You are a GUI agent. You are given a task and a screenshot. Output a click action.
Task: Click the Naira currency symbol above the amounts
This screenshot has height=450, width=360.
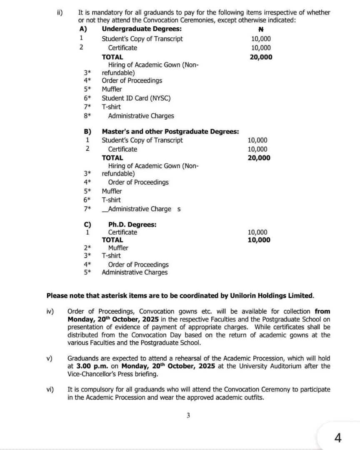(261, 30)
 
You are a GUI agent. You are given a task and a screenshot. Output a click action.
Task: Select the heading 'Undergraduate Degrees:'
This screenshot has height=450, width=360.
(142, 29)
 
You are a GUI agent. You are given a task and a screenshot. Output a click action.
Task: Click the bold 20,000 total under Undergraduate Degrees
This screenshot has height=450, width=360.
(261, 57)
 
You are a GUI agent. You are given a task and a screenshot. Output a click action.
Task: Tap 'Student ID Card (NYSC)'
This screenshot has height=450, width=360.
(136, 98)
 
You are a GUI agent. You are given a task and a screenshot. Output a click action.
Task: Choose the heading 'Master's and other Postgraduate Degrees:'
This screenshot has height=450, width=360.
(170, 131)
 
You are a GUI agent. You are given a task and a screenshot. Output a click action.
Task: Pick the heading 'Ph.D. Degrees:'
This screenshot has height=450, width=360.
(132, 224)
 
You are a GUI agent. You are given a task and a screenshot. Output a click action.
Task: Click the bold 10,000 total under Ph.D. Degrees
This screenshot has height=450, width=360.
(258, 240)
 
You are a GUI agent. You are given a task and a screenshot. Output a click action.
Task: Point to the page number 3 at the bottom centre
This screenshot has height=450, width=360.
(188, 415)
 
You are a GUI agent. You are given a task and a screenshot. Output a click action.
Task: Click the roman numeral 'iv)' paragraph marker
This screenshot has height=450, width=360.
(50, 311)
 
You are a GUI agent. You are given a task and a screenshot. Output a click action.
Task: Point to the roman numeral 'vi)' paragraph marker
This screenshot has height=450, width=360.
(50, 389)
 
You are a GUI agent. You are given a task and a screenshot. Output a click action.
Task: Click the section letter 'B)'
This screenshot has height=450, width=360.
(88, 131)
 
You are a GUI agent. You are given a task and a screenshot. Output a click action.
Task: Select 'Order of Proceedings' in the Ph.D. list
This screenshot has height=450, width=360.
(138, 264)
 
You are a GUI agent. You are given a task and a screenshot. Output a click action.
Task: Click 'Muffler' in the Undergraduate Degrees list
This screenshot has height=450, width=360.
(112, 89)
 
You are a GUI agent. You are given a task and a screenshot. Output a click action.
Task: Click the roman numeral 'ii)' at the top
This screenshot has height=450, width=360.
(60, 12)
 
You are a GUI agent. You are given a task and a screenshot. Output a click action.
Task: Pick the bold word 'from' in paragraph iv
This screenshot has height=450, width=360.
(322, 311)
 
